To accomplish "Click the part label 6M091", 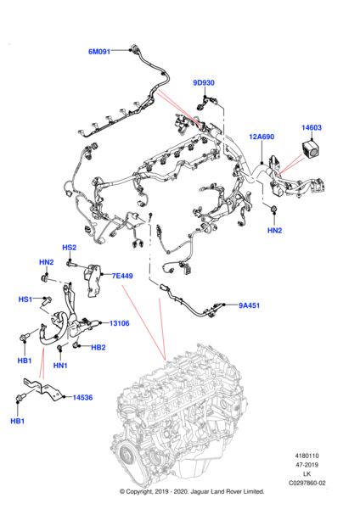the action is tap(99, 52).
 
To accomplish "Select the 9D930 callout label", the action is tap(204, 83).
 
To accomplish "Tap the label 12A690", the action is tap(262, 137).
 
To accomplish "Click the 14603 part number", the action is tap(312, 127).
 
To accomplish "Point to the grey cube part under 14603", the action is tap(311, 149).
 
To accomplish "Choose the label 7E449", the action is tap(122, 276).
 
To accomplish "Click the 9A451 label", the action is tap(250, 305).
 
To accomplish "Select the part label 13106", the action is tap(119, 323).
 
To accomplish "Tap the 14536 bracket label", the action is tap(82, 397).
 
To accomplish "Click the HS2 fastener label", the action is tap(70, 248).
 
